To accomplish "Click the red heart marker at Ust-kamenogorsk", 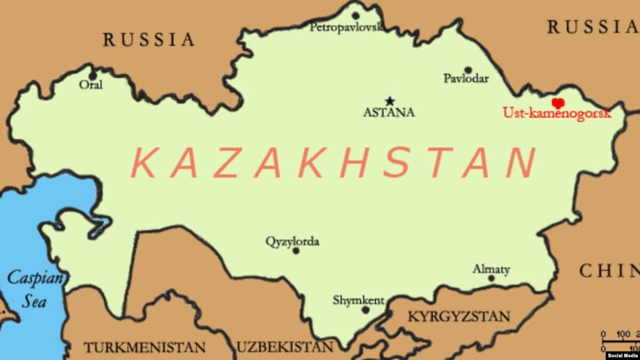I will pyautogui.click(x=558, y=103).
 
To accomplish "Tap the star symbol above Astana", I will pyautogui.click(x=390, y=101).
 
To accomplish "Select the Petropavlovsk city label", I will pyautogui.click(x=346, y=27).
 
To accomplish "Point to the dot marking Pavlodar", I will pyautogui.click(x=468, y=70).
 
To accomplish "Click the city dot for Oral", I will pyautogui.click(x=93, y=76).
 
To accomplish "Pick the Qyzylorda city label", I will pyautogui.click(x=292, y=242).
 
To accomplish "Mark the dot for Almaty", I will pyautogui.click(x=491, y=278).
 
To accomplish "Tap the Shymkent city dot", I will pyautogui.click(x=365, y=309).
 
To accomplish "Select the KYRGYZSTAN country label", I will pyautogui.click(x=459, y=316).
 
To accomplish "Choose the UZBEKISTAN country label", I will pyautogui.click(x=285, y=347).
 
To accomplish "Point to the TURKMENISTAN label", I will pyautogui.click(x=144, y=347).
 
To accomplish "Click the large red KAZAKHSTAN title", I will pyautogui.click(x=333, y=163).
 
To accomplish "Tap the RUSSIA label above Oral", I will pyautogui.click(x=149, y=39).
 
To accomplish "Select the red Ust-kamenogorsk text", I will pyautogui.click(x=556, y=113).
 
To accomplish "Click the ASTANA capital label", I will pyautogui.click(x=388, y=113).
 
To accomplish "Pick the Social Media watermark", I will pyautogui.click(x=622, y=355).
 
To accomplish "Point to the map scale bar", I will pyautogui.click(x=620, y=341).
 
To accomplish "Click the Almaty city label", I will pyautogui.click(x=491, y=269).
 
